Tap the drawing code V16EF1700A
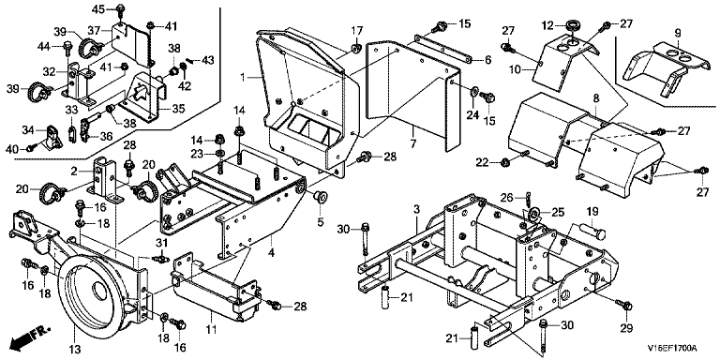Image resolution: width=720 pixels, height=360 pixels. point(672,348)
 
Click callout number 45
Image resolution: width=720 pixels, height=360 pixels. point(98,8)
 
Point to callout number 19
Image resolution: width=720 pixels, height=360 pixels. point(592,212)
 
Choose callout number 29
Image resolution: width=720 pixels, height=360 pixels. point(627,329)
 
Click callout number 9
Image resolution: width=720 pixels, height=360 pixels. point(678,33)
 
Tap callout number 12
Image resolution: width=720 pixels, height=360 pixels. point(553,25)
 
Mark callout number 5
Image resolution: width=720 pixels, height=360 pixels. point(320,223)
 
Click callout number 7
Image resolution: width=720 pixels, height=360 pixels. point(413,144)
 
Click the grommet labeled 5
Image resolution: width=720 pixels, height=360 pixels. point(319,197)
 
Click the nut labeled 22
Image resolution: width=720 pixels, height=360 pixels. point(504,161)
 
